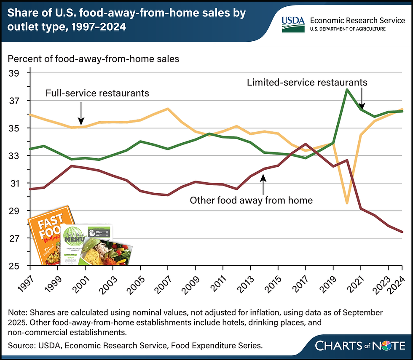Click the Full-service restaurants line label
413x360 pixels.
pos(97,93)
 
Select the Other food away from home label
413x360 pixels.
pos(251,200)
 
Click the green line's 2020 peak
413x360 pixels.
pos(347,89)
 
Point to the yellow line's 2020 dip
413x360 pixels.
pos(347,203)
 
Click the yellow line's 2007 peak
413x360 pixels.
pos(168,109)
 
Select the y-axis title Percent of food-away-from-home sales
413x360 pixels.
pos(94,59)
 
